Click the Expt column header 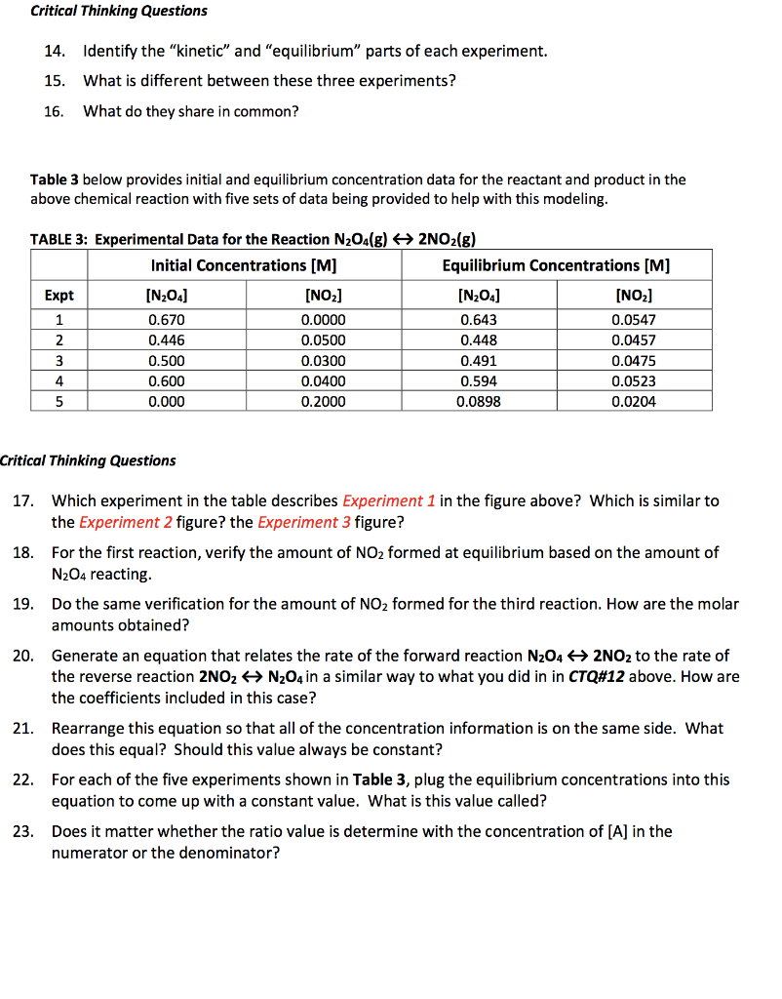coord(59,296)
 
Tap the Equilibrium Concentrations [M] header coord(556,265)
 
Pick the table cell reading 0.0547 coord(634,319)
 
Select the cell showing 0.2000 coord(323,401)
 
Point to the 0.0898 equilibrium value coord(478,401)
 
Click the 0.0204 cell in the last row coord(634,401)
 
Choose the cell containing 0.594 coord(478,380)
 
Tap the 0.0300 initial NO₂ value coord(323,360)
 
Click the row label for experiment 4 coord(59,380)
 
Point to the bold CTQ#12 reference coord(599,676)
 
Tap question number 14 coord(54,51)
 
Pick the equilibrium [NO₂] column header coord(634,296)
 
